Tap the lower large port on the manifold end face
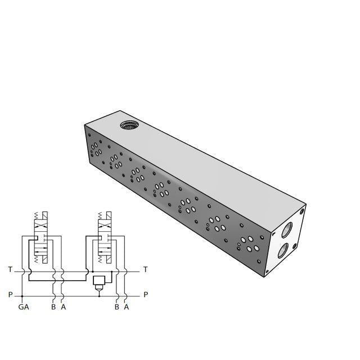tap(283, 250)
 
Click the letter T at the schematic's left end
tap(10, 270)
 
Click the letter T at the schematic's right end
tap(146, 270)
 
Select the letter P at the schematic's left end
tap(10, 295)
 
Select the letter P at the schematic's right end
tap(146, 295)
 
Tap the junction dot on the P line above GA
tap(22, 295)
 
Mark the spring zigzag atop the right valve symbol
tap(100, 217)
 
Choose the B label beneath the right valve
tap(116, 307)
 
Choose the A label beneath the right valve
tap(126, 307)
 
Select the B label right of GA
tap(53, 307)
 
